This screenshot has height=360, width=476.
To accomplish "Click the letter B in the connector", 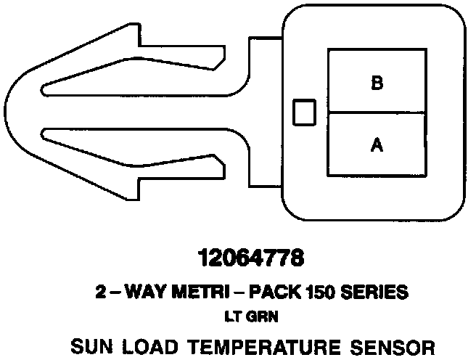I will coord(377,83).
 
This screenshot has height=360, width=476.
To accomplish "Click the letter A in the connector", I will coord(377,145).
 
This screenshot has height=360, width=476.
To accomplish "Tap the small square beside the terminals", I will coord(303,112).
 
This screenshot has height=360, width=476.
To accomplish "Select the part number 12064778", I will coord(249,258).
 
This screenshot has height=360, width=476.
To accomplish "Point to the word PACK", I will coord(277,293).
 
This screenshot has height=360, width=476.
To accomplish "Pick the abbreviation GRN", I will coord(258,316).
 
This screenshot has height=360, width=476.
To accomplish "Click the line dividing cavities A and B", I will coord(377,112).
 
